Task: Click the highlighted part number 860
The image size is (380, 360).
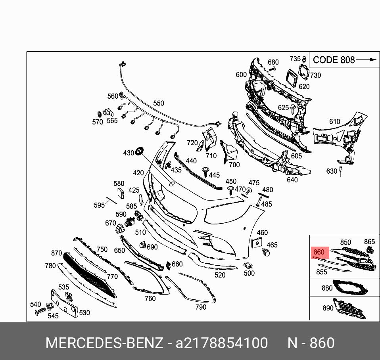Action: tap(319, 252)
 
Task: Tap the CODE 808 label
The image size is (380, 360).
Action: tap(334, 60)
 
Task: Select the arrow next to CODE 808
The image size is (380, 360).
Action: tap(366, 59)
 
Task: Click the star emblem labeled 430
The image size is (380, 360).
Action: tap(140, 151)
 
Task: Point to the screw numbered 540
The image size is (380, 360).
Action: tap(40, 311)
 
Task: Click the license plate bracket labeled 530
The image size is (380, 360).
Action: tap(65, 303)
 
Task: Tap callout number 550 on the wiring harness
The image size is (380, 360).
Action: tap(159, 103)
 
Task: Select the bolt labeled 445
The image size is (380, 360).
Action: tap(205, 171)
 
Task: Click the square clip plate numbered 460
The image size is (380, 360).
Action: tap(257, 243)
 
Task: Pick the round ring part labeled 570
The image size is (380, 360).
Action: tap(99, 114)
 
